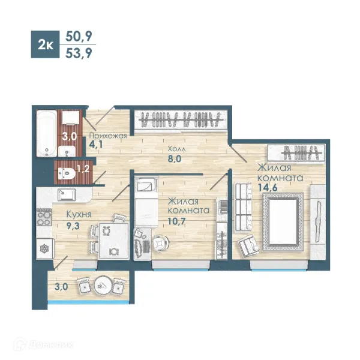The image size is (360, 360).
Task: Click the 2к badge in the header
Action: tap(45, 44)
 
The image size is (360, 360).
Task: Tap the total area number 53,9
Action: tap(79, 53)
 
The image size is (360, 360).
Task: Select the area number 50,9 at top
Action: tap(79, 36)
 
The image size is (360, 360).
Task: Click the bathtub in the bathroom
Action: tap(47, 133)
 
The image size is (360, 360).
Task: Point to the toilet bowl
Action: tap(67, 173)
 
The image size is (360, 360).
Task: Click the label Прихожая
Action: tap(108, 136)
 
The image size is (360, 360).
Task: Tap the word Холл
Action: tap(176, 149)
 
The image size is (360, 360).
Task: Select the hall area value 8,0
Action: tap(175, 158)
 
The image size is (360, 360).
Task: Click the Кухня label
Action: tap(79, 214)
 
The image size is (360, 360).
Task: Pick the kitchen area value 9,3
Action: tap(73, 226)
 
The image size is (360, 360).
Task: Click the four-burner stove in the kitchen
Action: tap(44, 217)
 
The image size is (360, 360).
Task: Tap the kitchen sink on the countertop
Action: tap(67, 194)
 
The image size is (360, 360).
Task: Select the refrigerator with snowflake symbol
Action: tap(46, 248)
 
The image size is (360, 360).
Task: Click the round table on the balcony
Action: tap(103, 285)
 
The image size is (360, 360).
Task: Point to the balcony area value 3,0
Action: tap(61, 287)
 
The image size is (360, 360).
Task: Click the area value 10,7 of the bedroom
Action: tap(176, 221)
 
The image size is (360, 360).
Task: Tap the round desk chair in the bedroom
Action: tap(160, 243)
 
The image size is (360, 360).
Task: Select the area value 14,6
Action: tap(268, 188)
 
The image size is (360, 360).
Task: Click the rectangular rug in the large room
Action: tap(283, 222)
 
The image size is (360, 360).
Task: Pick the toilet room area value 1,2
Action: tap(83, 169)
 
